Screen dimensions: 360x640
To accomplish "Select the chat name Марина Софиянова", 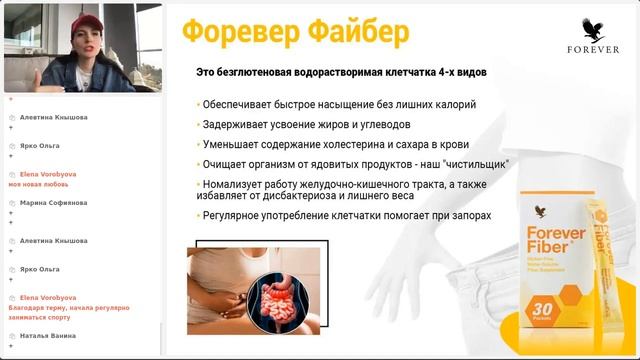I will pyautogui.click(x=53, y=202).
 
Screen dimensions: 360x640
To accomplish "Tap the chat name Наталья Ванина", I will pyautogui.click(x=48, y=335).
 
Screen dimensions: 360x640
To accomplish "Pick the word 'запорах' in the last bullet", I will pyautogui.click(x=467, y=215).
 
